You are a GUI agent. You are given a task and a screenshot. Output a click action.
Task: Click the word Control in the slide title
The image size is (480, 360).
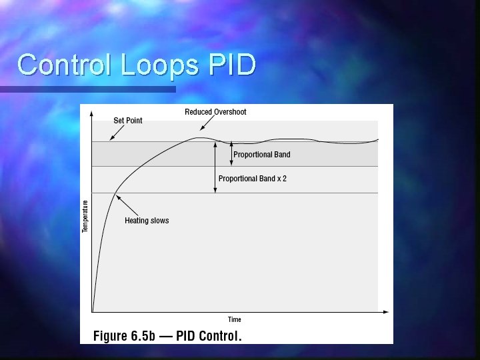coord(65,65)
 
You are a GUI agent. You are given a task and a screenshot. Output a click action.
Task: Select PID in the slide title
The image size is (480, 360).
coord(231,65)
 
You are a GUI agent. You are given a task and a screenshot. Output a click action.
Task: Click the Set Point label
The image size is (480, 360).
coord(127,121)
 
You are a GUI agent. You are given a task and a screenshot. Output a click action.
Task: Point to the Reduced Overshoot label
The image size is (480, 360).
coord(215,111)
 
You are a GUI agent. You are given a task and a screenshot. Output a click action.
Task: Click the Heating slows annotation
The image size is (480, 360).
coord(147,221)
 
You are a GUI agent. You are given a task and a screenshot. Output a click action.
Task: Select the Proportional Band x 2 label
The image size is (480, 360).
coord(252,179)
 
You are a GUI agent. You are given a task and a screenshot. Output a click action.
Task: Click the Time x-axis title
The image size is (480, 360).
coord(235,319)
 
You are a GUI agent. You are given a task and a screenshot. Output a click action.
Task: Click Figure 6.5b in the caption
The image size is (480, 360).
coord(124,335)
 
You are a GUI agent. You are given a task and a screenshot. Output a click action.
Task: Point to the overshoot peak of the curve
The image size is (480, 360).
coord(197,138)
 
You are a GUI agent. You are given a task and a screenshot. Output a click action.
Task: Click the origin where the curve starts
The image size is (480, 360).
coord(93,311)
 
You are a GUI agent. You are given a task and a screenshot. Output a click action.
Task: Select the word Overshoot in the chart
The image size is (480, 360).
coord(230,111)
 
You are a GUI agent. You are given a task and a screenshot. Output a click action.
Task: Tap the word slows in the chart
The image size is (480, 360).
coord(159,221)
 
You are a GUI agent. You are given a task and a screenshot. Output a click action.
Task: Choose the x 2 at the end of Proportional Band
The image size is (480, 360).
coord(281,179)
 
